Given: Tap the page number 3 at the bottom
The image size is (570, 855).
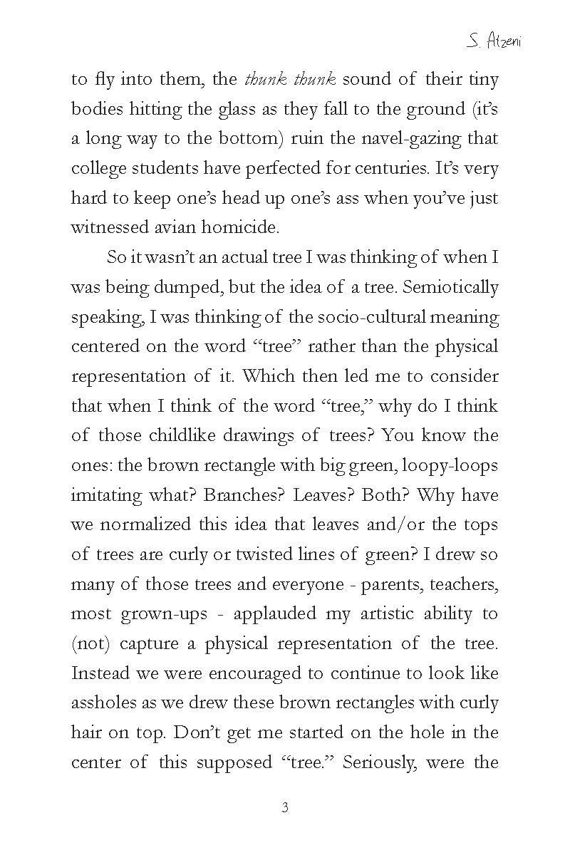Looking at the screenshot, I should (x=285, y=807).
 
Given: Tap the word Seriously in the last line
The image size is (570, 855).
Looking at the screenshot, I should (x=385, y=762).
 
